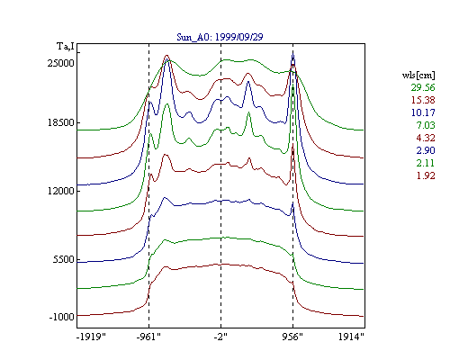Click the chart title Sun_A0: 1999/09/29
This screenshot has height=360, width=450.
click(x=220, y=37)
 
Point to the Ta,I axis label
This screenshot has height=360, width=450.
click(x=66, y=47)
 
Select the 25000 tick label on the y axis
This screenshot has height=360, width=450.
click(x=60, y=63)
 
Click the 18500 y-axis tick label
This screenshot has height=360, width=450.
click(x=60, y=122)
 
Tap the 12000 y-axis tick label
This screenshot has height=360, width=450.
click(x=60, y=191)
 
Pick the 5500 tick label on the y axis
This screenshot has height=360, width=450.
click(x=63, y=259)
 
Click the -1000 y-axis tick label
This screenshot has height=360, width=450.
click(x=61, y=317)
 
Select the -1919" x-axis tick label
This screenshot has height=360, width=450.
click(x=91, y=337)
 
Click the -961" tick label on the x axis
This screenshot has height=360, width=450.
click(x=148, y=337)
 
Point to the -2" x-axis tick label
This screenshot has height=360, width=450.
click(x=220, y=337)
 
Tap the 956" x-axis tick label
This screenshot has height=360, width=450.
click(x=292, y=337)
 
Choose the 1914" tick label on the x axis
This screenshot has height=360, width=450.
click(x=351, y=337)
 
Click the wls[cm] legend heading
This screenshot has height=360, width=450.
click(x=418, y=75)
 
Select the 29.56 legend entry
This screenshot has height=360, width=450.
click(x=423, y=87)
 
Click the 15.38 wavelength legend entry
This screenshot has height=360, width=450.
click(x=423, y=100)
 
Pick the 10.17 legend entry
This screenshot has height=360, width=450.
click(x=423, y=112)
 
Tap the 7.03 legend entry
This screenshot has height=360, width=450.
click(x=426, y=125)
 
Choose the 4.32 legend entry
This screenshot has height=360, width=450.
click(x=426, y=138)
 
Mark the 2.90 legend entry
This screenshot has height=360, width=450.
click(x=426, y=150)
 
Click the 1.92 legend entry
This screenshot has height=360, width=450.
click(x=426, y=175)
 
